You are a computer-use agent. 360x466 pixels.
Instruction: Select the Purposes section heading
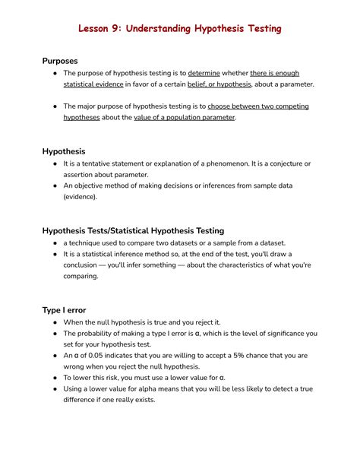coord(60,60)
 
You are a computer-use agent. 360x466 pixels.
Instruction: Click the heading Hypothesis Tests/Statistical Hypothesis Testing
coord(133,230)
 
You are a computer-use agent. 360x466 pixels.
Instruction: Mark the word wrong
coord(76,366)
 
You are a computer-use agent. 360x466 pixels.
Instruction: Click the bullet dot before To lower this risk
coord(55,377)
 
